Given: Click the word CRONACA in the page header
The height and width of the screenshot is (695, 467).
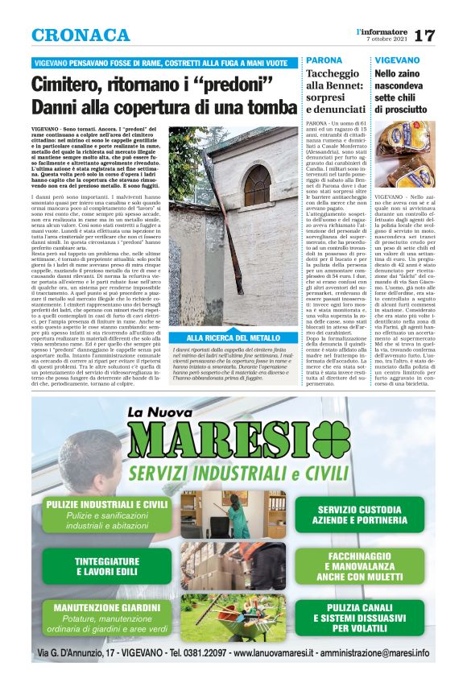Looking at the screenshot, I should point(81,35).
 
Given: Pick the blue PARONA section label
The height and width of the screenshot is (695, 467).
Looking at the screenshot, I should point(324,61).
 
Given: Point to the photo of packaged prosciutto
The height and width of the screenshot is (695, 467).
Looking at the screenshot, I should point(407,154).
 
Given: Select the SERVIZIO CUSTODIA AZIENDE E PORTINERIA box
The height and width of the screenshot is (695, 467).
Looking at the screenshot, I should point(353,514).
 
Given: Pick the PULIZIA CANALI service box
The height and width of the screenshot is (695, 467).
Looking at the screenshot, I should point(353,617).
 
